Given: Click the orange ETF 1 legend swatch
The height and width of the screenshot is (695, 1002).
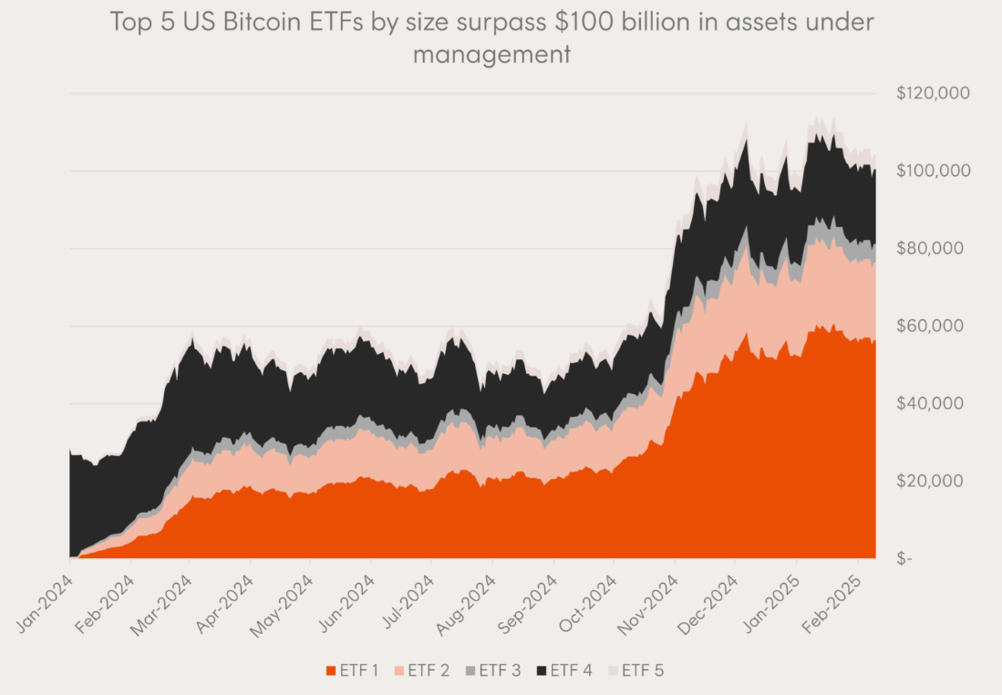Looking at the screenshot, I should tap(333, 670).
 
